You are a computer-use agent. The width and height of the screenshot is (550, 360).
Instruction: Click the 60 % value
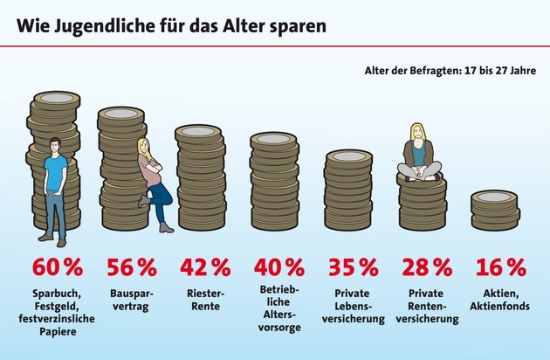(57, 267)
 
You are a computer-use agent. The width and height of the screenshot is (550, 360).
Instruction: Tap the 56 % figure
(131, 267)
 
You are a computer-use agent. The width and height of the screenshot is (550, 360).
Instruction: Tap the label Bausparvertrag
(131, 300)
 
